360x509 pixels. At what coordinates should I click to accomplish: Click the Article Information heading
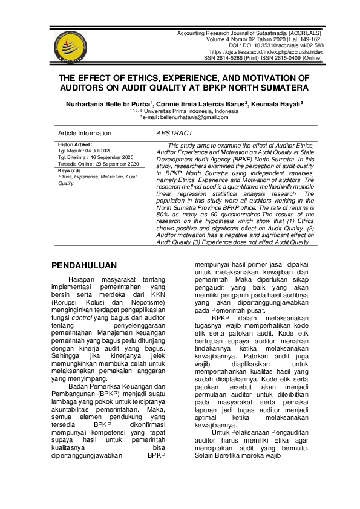point(85,133)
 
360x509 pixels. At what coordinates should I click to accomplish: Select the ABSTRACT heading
point(174,133)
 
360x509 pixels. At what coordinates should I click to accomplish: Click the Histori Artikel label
point(74,145)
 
